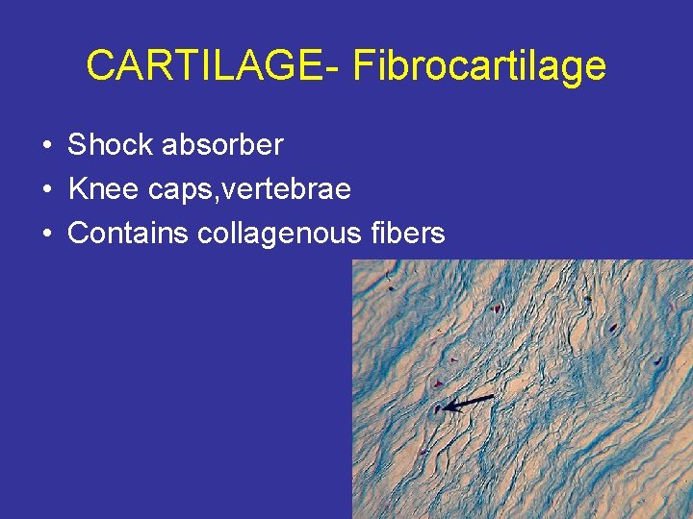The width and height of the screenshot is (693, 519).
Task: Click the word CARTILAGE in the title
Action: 205,66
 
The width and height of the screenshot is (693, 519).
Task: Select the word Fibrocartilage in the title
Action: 479,66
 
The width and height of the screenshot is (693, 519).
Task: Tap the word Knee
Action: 103,189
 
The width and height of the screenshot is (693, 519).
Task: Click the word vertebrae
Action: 290,189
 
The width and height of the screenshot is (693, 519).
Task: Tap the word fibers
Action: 408,233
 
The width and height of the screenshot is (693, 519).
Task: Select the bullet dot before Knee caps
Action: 47,190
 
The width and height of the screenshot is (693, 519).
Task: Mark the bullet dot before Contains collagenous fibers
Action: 47,234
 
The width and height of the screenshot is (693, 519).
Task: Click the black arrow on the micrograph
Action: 469,403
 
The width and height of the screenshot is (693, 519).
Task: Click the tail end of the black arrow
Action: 493,396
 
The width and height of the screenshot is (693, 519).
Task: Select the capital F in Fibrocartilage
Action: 365,66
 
